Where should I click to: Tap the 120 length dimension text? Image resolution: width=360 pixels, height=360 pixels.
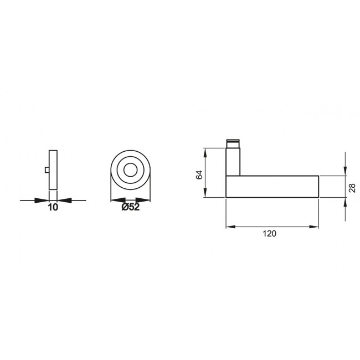[x=269, y=234]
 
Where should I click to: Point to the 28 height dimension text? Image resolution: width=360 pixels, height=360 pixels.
[x=351, y=187]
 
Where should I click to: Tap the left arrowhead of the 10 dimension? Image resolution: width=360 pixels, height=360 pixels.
[x=45, y=199]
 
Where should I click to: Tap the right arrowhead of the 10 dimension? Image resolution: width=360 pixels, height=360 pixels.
[x=61, y=199]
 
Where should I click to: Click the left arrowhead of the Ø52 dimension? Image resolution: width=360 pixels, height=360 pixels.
[x=115, y=199]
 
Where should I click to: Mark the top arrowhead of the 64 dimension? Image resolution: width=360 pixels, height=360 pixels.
[x=205, y=152]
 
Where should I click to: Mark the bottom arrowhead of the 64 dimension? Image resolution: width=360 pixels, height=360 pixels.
[x=205, y=194]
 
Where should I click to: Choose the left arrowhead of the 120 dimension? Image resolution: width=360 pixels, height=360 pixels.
[x=230, y=227]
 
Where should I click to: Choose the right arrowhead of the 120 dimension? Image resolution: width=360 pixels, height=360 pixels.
[x=316, y=227]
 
